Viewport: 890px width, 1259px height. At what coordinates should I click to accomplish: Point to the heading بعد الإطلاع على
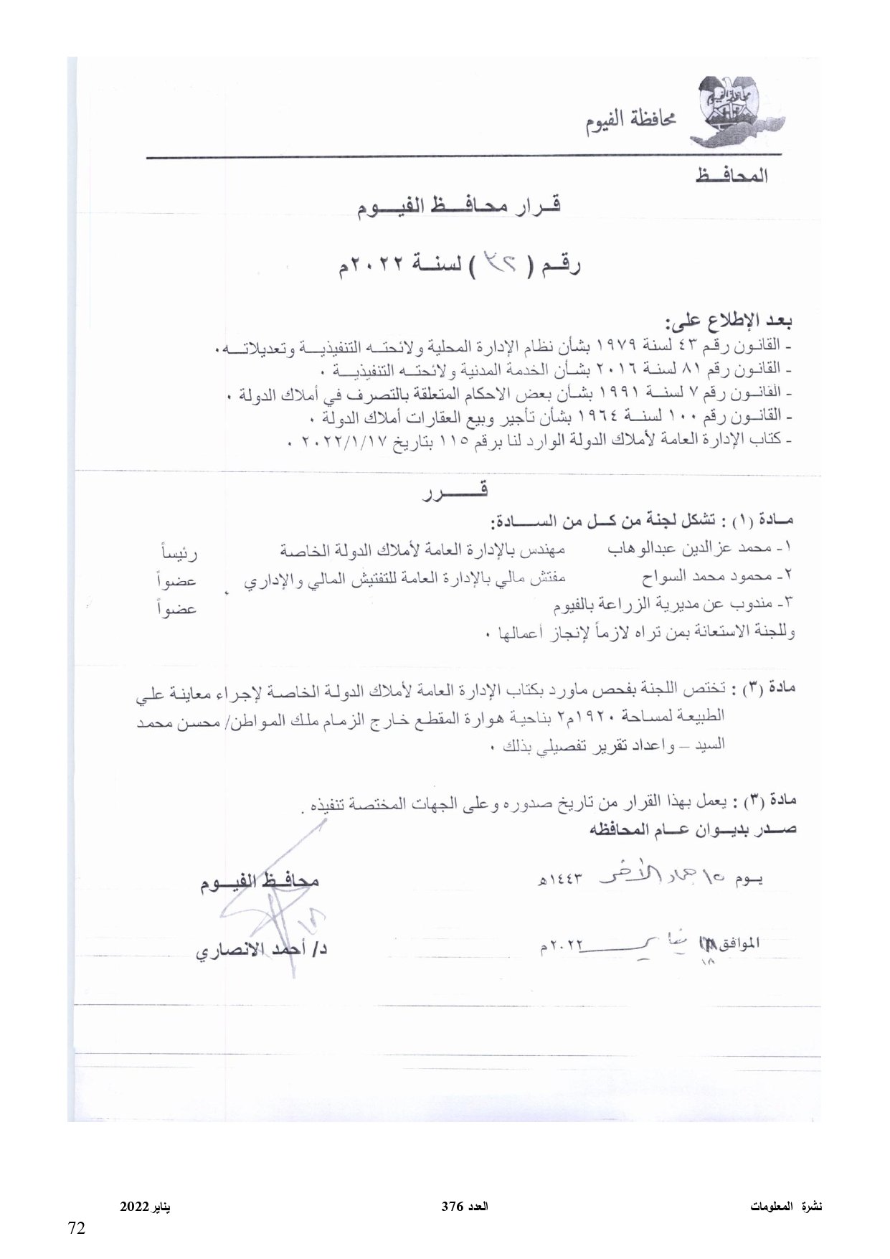pos(729,323)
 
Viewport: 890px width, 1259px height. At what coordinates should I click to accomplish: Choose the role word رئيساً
pos(178,553)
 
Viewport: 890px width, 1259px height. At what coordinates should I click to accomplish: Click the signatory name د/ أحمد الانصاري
pos(262,951)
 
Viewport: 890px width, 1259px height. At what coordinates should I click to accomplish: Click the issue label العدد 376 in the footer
pos(465,1206)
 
